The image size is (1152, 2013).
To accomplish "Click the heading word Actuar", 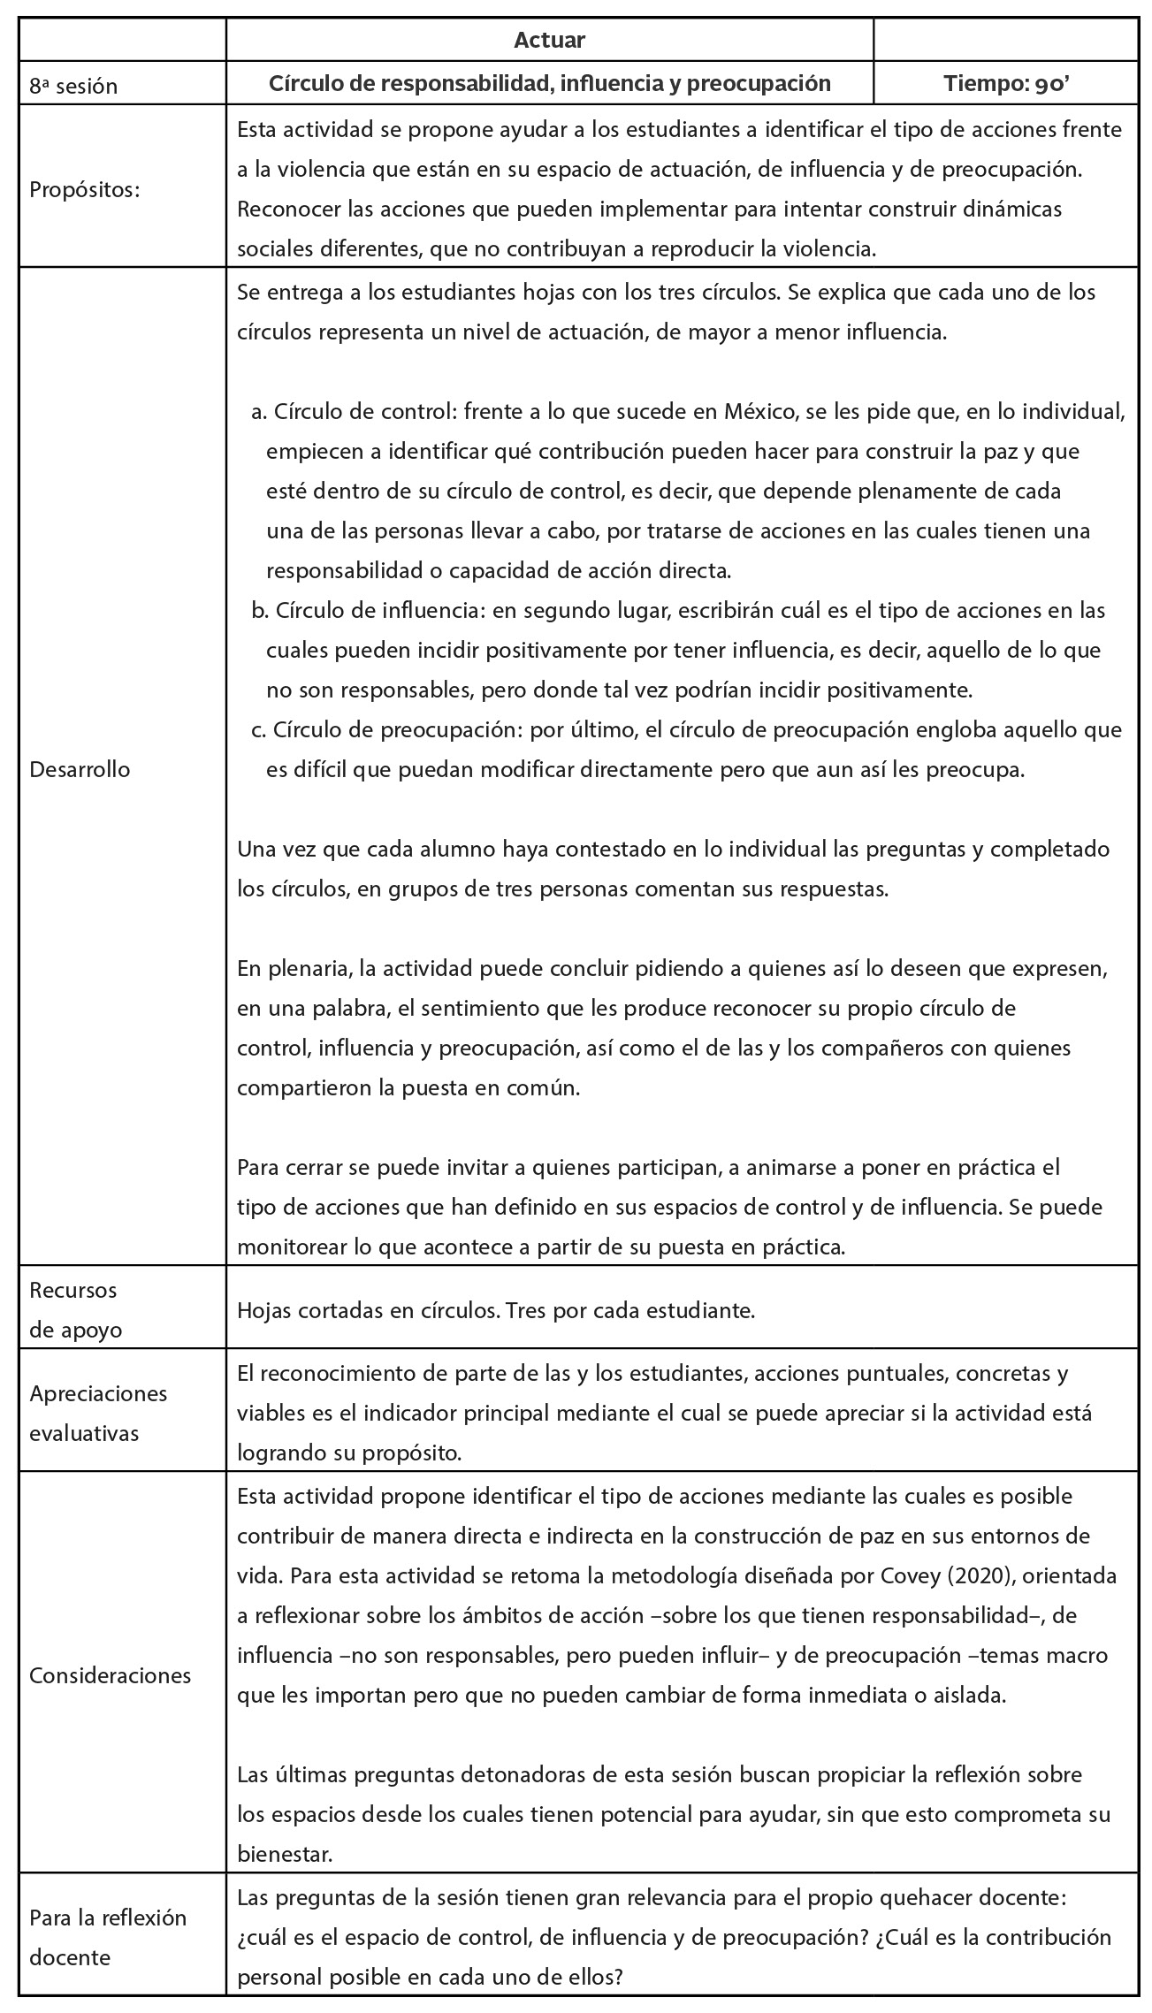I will pos(549,40).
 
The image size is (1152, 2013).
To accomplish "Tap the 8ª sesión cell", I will pos(73,86).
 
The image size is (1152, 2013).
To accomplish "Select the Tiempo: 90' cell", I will pos(1005,84).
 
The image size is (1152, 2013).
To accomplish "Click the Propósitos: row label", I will pos(85,190).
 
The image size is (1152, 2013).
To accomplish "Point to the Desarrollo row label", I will pos(80,769).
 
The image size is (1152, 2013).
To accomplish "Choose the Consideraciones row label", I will pos(110,1675).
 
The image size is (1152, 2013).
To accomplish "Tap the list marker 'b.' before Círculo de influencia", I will pos(259,611).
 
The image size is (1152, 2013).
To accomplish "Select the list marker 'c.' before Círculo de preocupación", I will pos(259,730).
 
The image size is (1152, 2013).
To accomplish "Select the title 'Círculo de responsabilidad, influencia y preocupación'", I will pos(549,84).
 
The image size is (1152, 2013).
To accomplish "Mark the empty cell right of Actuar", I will pos(1005,40).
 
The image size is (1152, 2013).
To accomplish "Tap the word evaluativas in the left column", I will pos(84,1434).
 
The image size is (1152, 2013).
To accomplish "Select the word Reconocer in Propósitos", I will pos(280,210).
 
